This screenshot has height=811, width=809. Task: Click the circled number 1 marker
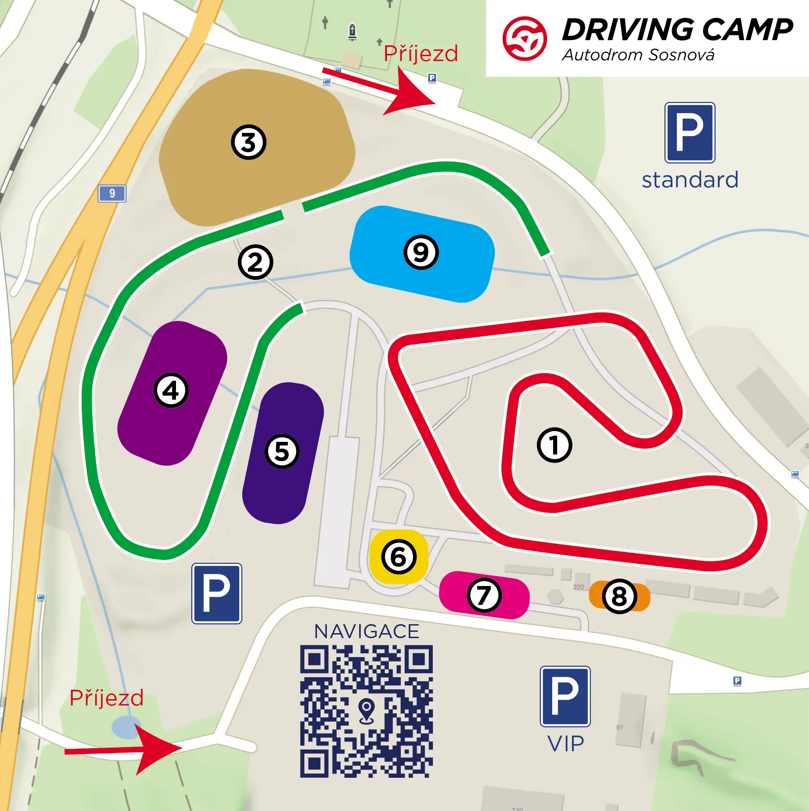click(554, 445)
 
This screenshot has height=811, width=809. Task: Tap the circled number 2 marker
click(255, 262)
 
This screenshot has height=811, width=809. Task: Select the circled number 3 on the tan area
click(249, 142)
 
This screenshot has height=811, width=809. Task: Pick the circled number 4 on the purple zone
click(171, 390)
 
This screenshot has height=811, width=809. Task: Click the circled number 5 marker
click(282, 451)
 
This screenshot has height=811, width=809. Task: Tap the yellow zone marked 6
click(399, 557)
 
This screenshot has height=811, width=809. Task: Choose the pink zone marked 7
click(484, 595)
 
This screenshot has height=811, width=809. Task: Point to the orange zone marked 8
click(620, 596)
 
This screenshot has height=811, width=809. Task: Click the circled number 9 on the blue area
click(421, 252)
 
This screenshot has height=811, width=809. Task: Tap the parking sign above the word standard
click(690, 132)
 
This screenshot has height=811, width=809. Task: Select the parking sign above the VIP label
click(565, 696)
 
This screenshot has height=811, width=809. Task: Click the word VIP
click(566, 744)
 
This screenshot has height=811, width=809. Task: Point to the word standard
click(690, 180)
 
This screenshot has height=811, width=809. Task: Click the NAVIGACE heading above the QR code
click(366, 631)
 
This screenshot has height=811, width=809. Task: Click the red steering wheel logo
click(524, 39)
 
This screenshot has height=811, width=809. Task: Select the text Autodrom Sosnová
click(638, 55)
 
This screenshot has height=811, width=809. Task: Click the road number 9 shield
click(112, 194)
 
